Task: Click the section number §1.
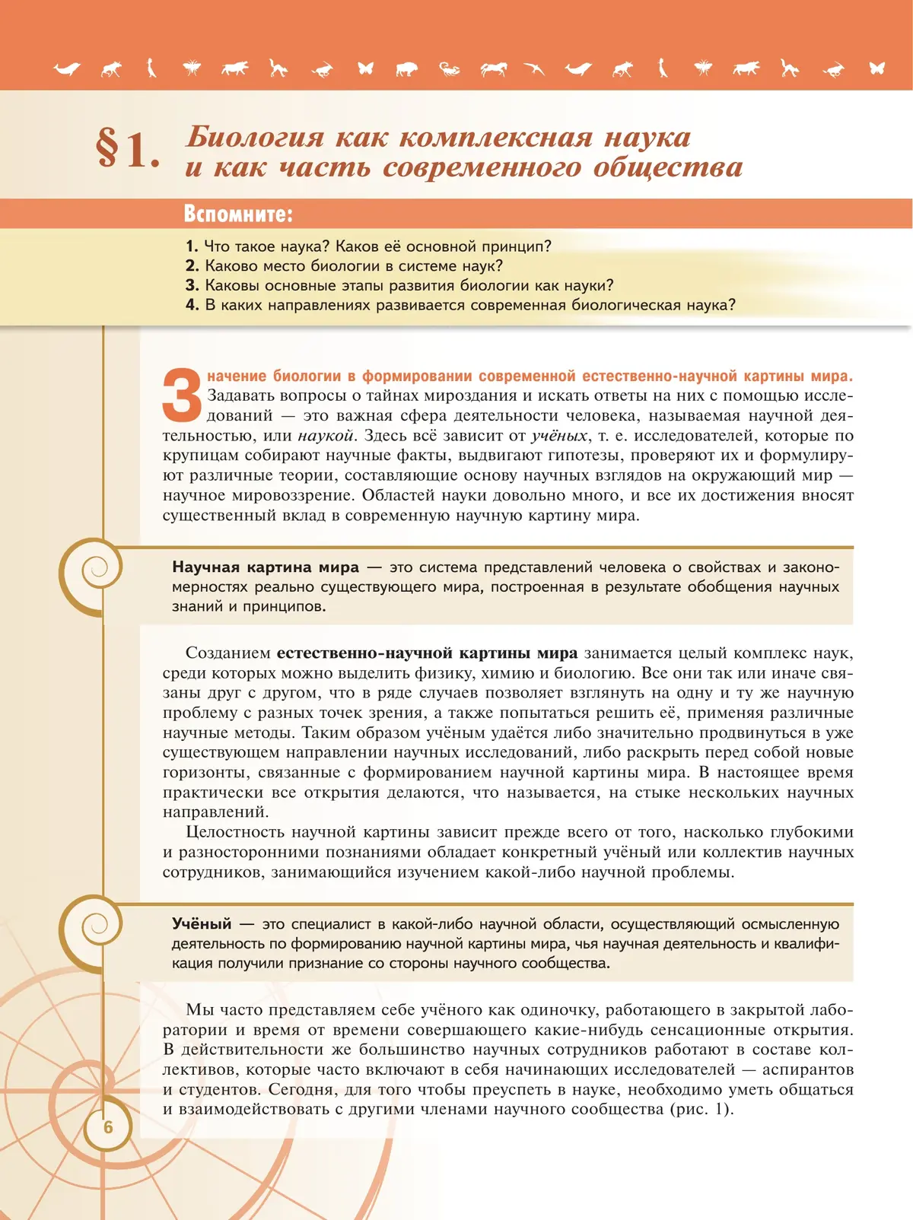(127, 148)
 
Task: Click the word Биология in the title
(254, 137)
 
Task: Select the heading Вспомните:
(238, 214)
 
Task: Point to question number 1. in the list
(192, 246)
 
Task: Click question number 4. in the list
(192, 305)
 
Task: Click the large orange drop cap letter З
(182, 395)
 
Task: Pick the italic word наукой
(326, 436)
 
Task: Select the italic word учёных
(559, 436)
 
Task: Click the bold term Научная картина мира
(266, 567)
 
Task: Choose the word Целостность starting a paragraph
(234, 832)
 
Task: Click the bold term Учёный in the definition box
(202, 924)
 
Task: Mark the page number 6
(108, 1126)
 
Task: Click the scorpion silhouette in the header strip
(450, 69)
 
